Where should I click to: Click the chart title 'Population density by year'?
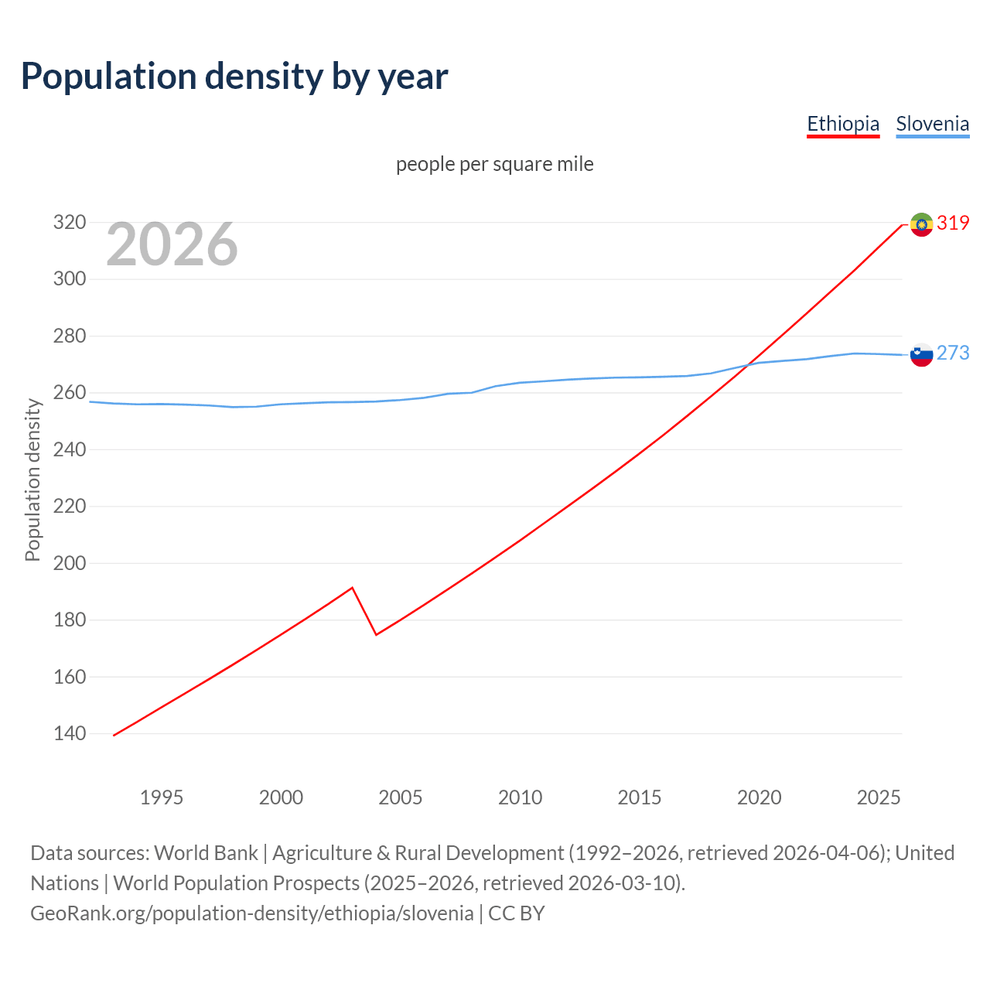234,77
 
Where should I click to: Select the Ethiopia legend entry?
843,124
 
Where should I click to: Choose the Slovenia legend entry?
932,124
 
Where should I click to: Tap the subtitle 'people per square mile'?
495,165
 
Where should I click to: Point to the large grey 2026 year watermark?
172,244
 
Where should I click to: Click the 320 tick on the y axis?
69,223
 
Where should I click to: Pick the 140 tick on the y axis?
69,733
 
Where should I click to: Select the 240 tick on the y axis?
69,449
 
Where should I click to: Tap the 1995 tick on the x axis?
162,797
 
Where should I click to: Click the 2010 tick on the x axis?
520,797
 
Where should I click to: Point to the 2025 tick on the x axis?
879,797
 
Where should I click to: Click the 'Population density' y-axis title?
32,480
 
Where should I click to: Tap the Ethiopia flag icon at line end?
921,224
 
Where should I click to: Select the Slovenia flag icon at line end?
921,354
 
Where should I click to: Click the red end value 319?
953,224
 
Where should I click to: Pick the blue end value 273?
953,353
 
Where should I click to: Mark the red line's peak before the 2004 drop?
352,588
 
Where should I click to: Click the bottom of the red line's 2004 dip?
376,634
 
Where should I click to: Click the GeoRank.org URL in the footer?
252,913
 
